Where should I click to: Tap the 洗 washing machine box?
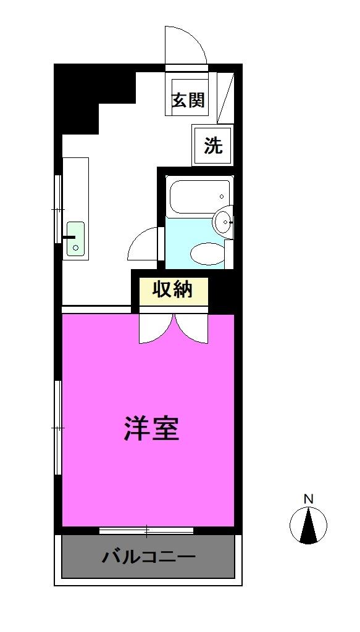(212, 146)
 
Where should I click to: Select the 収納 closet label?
(173, 289)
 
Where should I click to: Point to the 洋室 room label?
(151, 428)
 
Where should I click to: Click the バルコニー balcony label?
(148, 557)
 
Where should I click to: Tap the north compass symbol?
(308, 525)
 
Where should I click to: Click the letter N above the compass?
(308, 499)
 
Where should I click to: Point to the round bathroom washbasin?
(223, 221)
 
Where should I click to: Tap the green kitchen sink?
(75, 238)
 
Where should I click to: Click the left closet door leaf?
(153, 328)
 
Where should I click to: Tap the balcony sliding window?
(146, 530)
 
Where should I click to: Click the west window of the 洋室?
(57, 427)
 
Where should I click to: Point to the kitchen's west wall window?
(57, 210)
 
